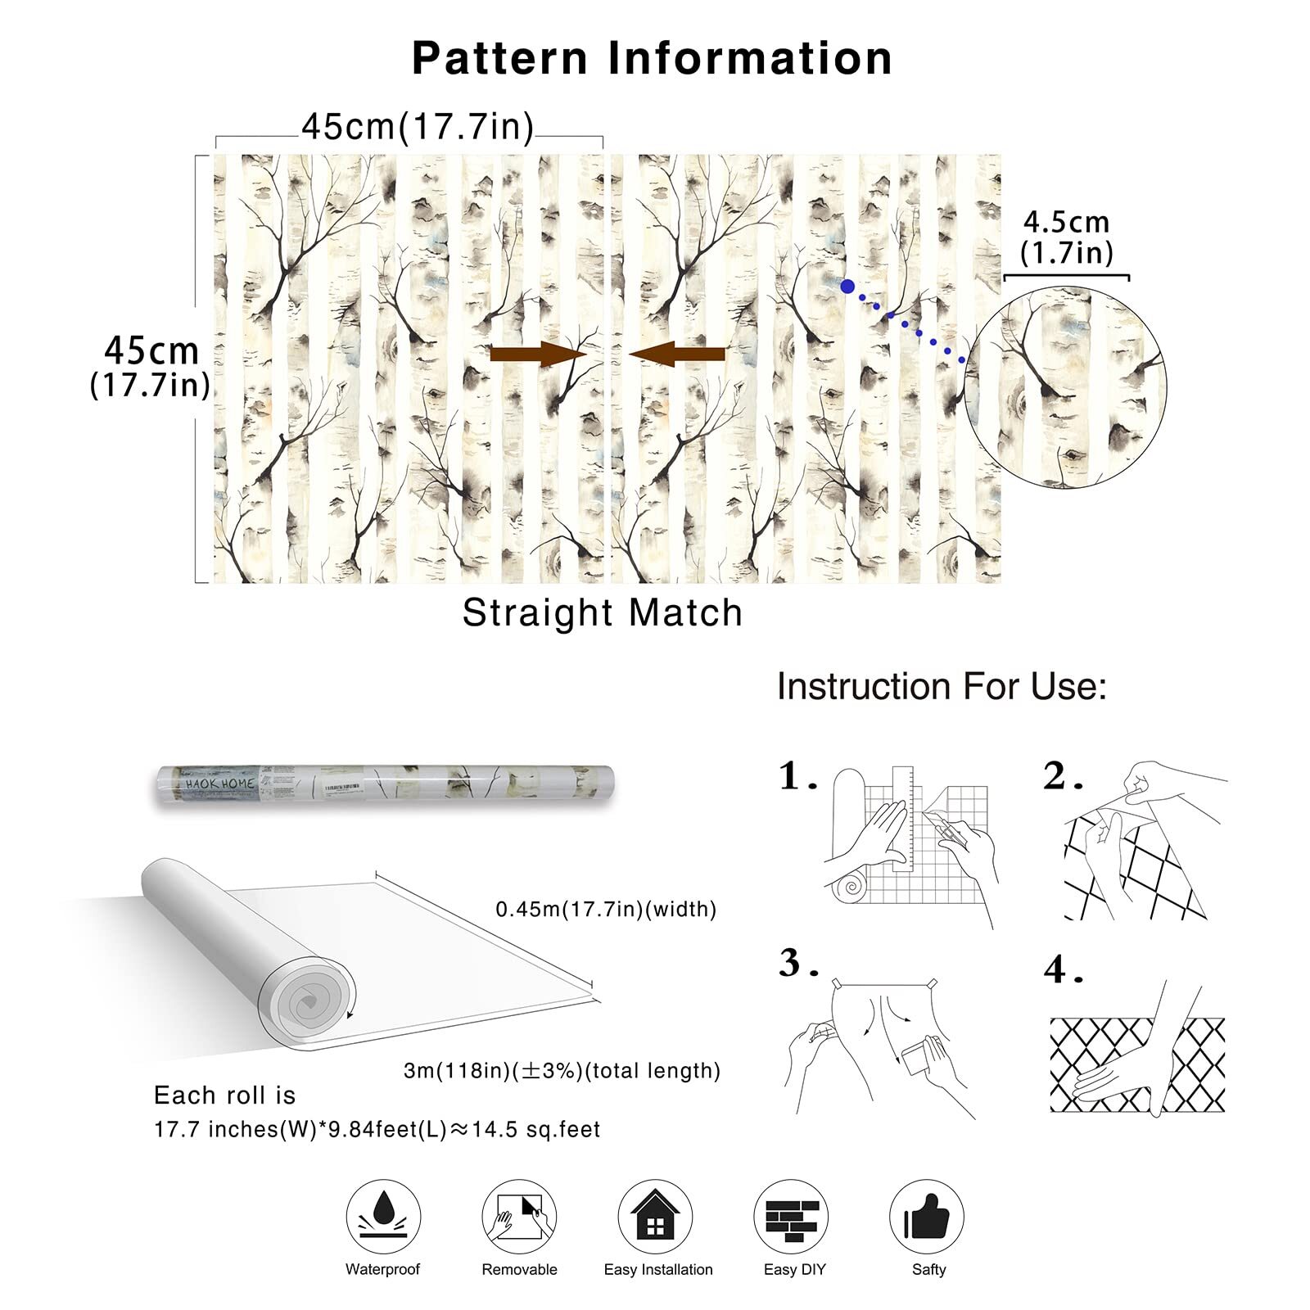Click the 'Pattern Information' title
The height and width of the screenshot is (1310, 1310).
pos(652,59)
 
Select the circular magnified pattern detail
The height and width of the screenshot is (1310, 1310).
pos(1066,386)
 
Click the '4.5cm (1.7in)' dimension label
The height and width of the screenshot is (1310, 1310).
pos(1067,237)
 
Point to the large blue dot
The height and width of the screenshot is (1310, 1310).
pos(847,287)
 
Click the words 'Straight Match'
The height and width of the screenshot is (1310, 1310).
pos(602,612)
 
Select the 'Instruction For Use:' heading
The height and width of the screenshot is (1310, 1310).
pos(942,686)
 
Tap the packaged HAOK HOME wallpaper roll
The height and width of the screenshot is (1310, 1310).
pos(385,784)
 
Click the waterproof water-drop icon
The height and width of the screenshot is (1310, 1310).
pos(383,1217)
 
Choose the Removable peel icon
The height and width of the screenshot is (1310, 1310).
pos(519,1217)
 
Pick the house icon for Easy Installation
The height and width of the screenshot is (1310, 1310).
pos(655,1217)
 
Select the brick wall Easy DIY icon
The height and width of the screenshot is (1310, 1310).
pos(791,1217)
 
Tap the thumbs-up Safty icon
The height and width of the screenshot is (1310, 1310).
pos(927,1217)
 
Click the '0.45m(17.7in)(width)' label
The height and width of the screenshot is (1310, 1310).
pos(606,909)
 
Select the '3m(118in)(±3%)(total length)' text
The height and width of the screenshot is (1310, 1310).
pos(562,1071)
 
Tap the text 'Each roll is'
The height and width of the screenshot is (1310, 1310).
pos(224,1095)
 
